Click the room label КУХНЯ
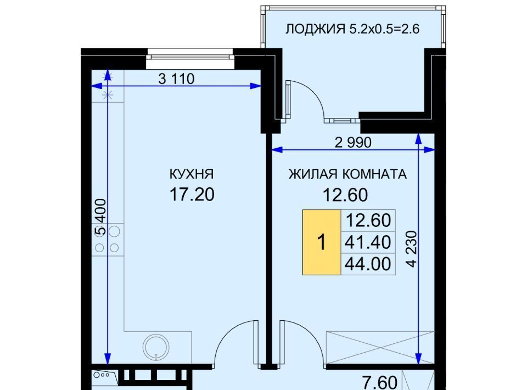[192, 174]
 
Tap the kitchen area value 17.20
[192, 194]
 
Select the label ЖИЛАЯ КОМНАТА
[347, 174]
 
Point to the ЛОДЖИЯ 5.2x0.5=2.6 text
[352, 29]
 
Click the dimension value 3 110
[176, 79]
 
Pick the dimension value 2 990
[353, 143]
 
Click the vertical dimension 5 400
[100, 217]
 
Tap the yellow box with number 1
[322, 242]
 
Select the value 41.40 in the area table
[368, 242]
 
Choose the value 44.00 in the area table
[368, 264]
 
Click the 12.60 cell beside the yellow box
[368, 221]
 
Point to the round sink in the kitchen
[156, 347]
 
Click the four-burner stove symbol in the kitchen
[108, 239]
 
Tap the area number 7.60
[380, 383]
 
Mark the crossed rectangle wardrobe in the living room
[380, 347]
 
